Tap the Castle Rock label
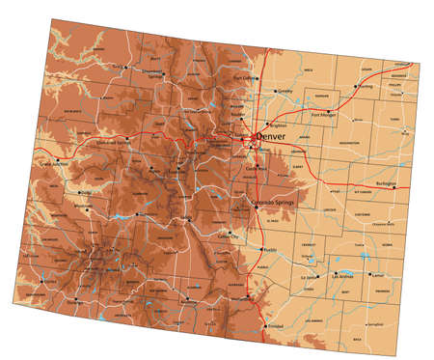click(x=256, y=169)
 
